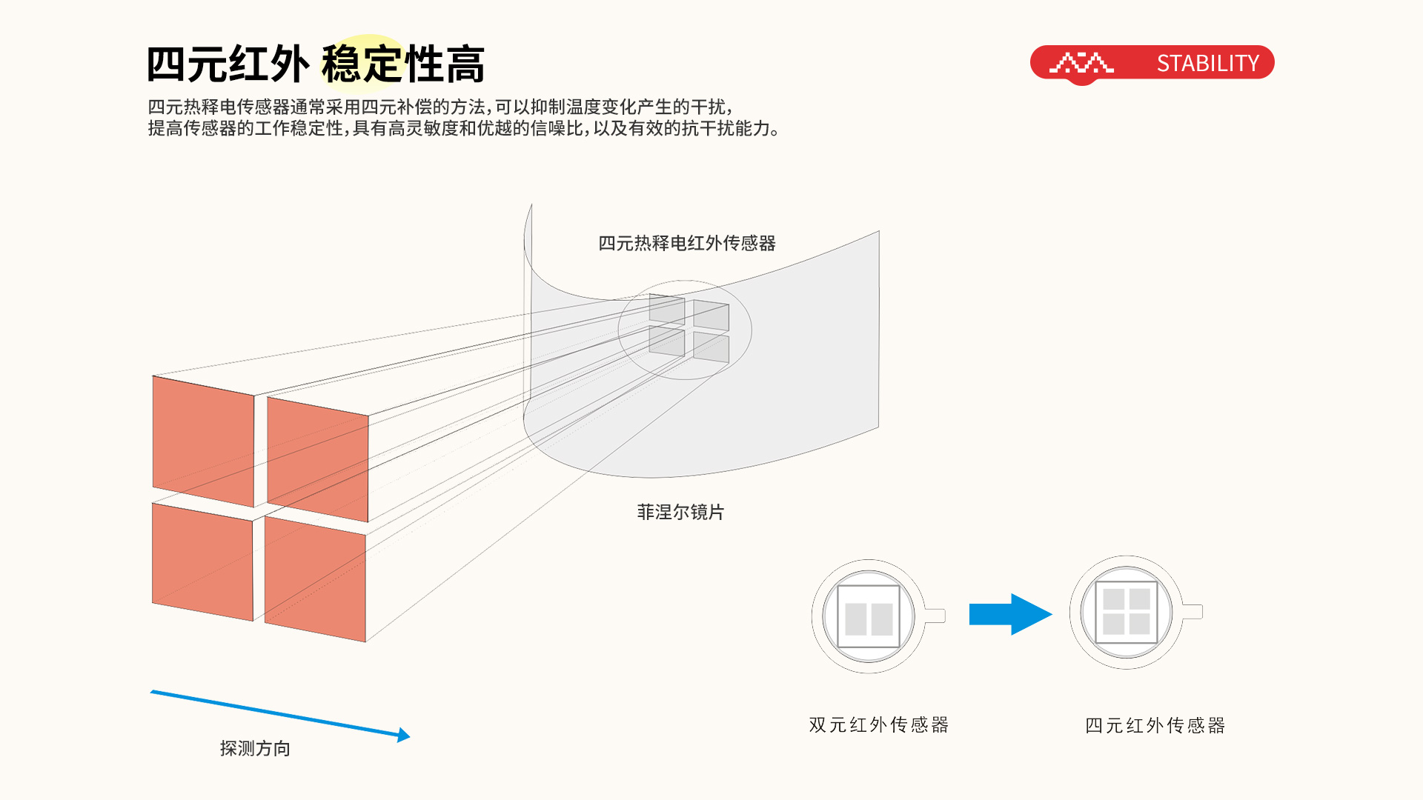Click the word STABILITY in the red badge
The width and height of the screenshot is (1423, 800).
pyautogui.click(x=1207, y=64)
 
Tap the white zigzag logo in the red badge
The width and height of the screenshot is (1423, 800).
pyautogui.click(x=1081, y=64)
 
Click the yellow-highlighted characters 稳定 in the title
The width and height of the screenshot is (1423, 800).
pyautogui.click(x=362, y=64)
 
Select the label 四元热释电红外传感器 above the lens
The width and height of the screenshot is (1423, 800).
pyautogui.click(x=686, y=243)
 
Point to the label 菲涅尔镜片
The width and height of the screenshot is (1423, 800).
pyautogui.click(x=680, y=512)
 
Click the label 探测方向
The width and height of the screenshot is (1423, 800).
pyautogui.click(x=255, y=748)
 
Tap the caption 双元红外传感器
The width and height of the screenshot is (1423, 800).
pyautogui.click(x=878, y=724)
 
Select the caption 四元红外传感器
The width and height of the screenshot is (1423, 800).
pyautogui.click(x=1155, y=725)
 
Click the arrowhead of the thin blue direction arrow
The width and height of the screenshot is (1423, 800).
pyautogui.click(x=404, y=735)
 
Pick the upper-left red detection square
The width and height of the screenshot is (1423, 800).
pyautogui.click(x=203, y=441)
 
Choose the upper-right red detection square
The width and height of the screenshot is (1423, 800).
pyautogui.click(x=318, y=459)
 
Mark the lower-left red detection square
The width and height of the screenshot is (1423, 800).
pyautogui.click(x=202, y=561)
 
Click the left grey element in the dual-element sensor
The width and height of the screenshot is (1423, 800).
pyautogui.click(x=855, y=619)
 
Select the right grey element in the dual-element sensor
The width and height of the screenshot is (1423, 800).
pyautogui.click(x=882, y=619)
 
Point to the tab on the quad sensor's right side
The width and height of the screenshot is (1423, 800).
pyautogui.click(x=1192, y=612)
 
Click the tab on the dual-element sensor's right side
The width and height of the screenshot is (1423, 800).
pyautogui.click(x=935, y=616)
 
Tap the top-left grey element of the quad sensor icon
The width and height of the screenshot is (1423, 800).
pyautogui.click(x=1113, y=599)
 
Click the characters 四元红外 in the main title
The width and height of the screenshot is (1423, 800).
pyautogui.click(x=228, y=64)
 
